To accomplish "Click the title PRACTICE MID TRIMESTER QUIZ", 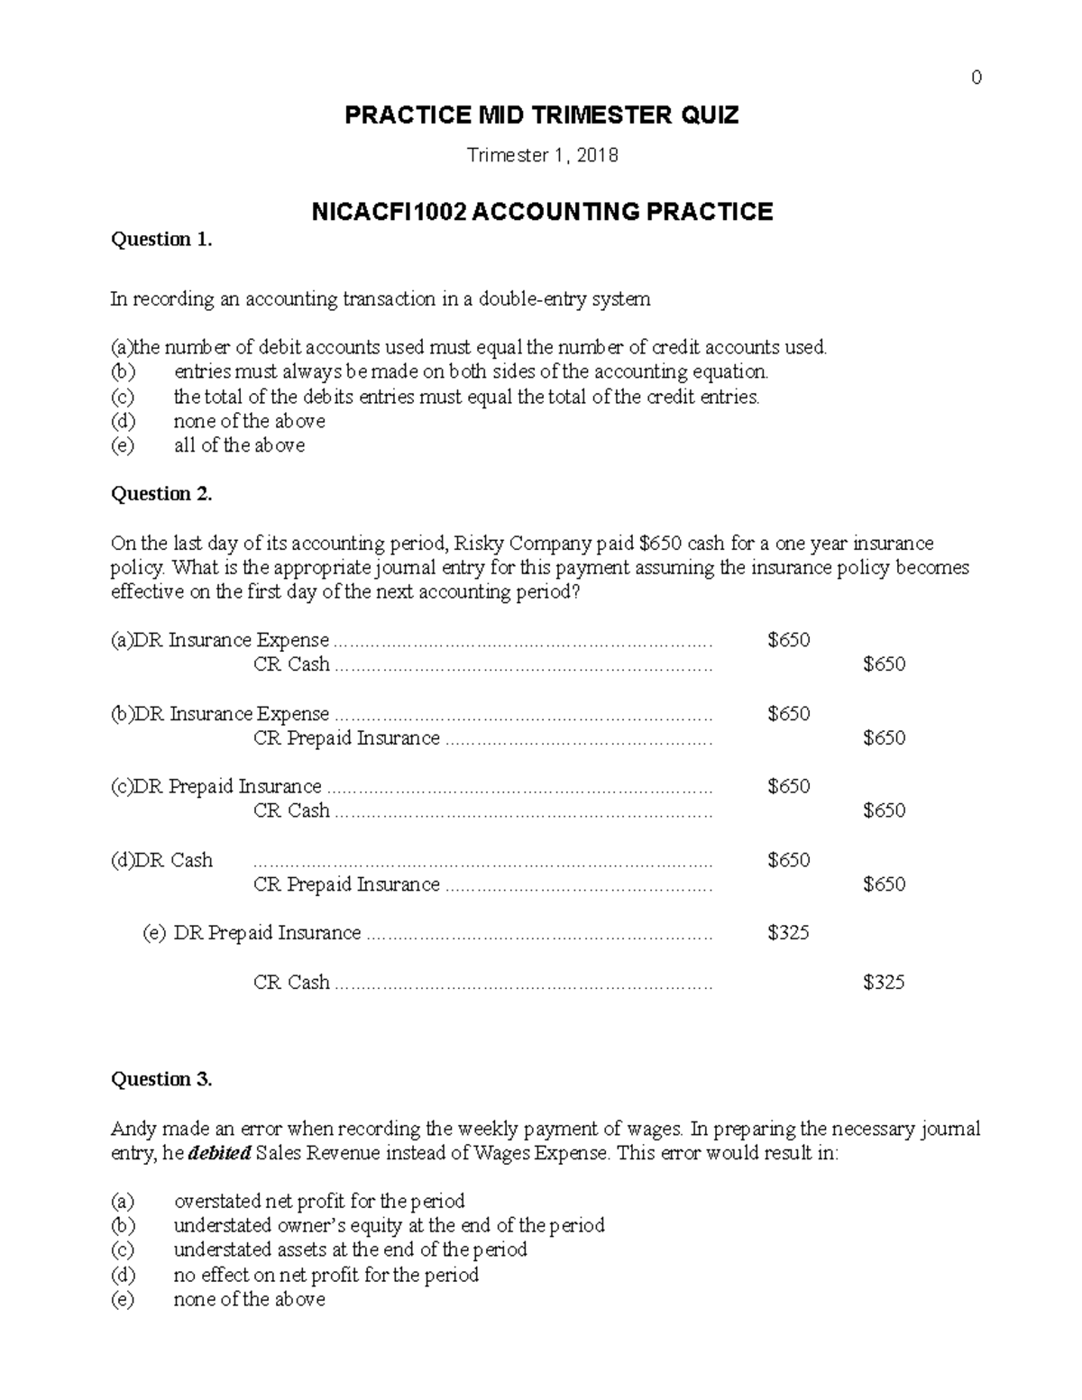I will [542, 115].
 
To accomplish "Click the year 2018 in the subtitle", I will [599, 156].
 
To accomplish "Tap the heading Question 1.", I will [161, 239].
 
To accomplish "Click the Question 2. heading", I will [161, 493].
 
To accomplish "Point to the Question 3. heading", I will [161, 1079].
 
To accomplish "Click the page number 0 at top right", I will [977, 78].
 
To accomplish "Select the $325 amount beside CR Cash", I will [883, 982].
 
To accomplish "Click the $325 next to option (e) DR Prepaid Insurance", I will [788, 933].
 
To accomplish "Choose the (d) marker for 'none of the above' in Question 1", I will [122, 421].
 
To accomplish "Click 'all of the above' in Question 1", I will [239, 445].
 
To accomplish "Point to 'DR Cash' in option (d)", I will [173, 860].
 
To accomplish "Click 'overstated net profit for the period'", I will [318, 1202].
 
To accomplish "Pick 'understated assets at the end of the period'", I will [350, 1249].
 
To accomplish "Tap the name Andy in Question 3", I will [133, 1130].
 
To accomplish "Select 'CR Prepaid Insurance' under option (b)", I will [346, 738].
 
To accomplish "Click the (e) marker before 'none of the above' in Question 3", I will [122, 1299].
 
